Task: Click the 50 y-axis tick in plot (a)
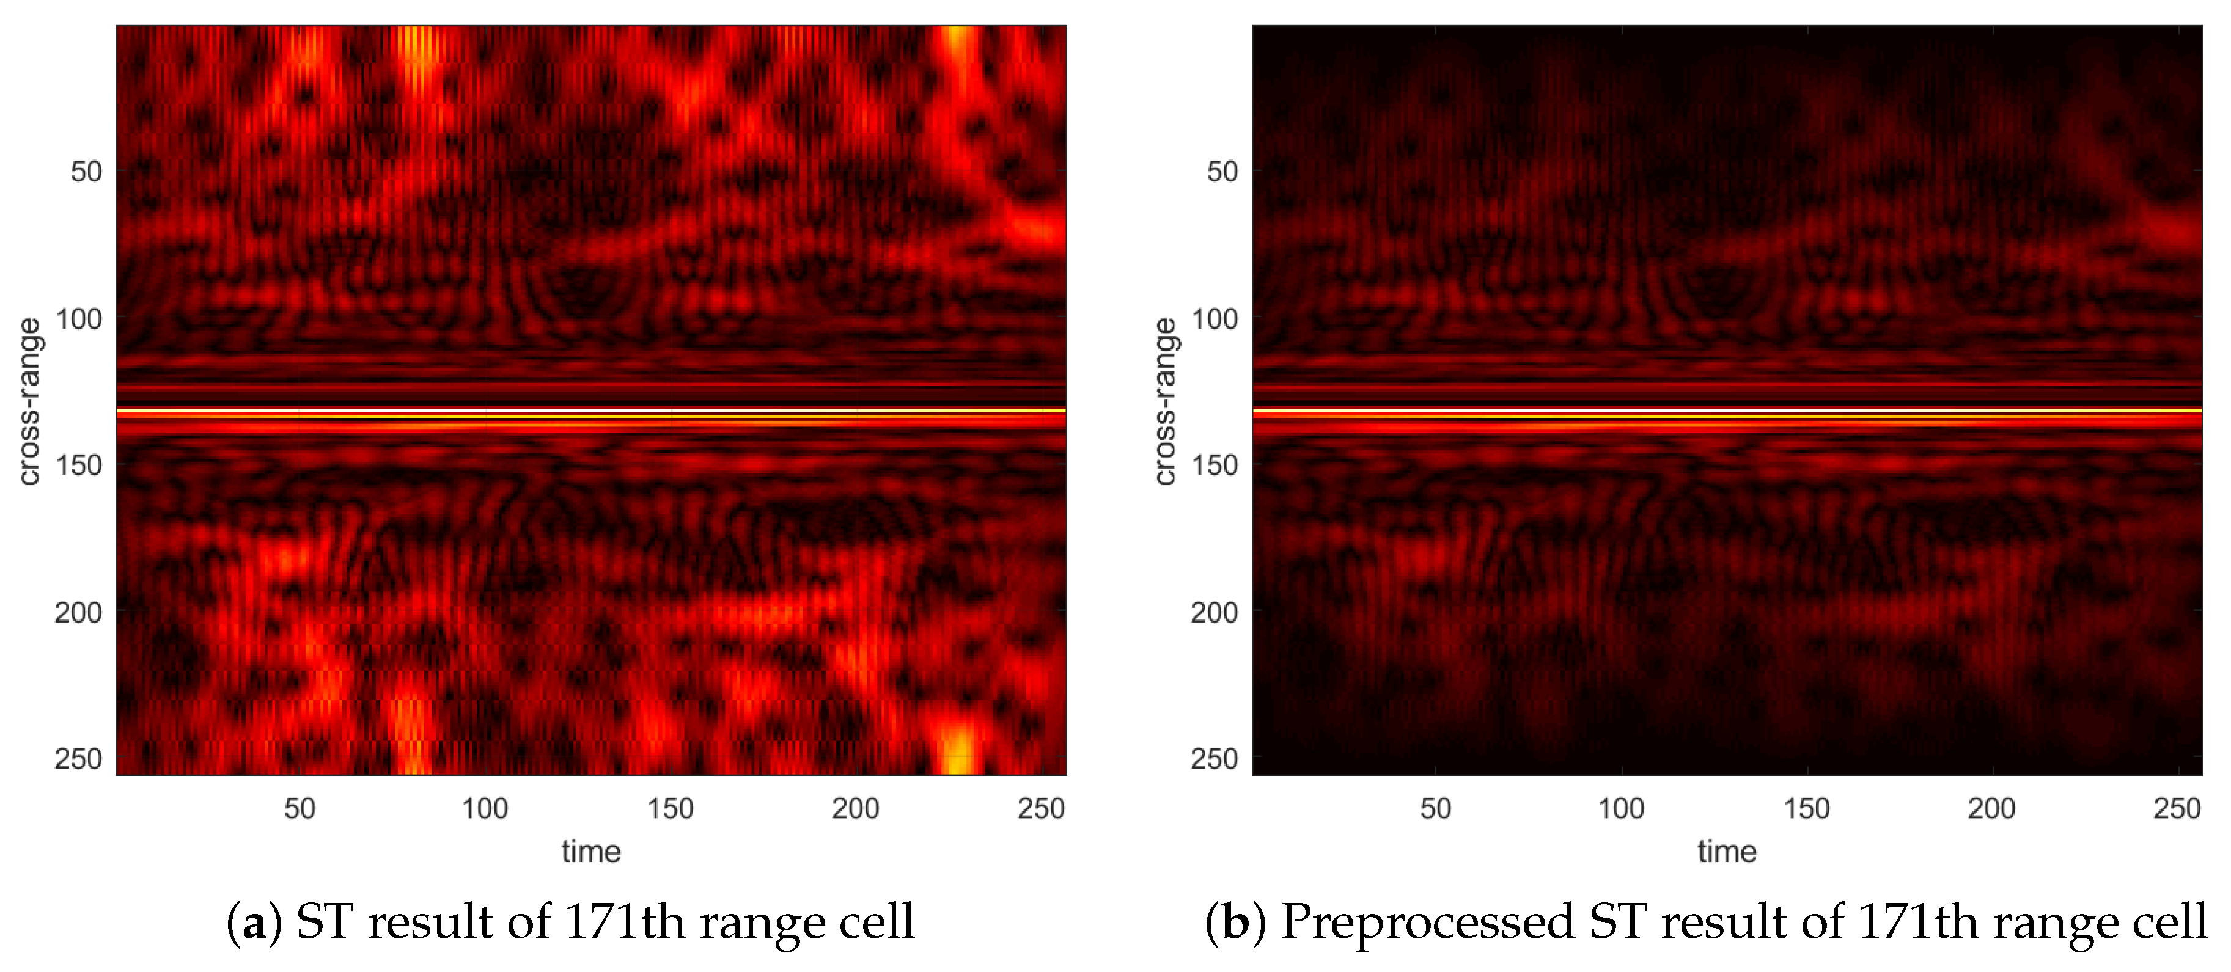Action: [86, 172]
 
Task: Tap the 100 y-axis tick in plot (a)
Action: [79, 318]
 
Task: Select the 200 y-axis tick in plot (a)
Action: [79, 612]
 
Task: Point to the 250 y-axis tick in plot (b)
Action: [1215, 758]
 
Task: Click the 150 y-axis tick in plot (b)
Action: [1215, 465]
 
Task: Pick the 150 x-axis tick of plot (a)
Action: [671, 808]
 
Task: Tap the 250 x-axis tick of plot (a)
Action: [1041, 808]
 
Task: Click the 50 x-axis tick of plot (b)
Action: [1435, 808]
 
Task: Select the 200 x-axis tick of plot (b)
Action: [1991, 808]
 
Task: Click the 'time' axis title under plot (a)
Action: [590, 852]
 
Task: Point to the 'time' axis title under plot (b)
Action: [1727, 852]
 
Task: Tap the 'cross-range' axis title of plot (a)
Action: [29, 401]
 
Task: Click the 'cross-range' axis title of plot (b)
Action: [1165, 401]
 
